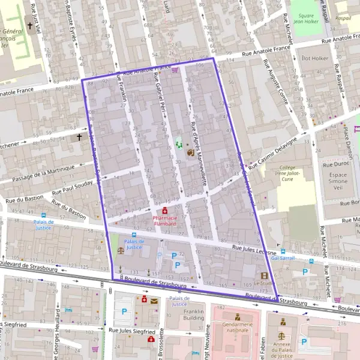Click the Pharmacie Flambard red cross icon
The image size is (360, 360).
(x=164, y=211)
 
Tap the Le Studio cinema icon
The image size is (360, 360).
(x=264, y=275)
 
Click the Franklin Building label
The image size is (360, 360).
(x=194, y=316)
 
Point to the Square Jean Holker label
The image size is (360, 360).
(x=305, y=18)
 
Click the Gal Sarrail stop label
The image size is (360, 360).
(x=283, y=258)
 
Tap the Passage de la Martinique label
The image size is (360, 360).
(x=46, y=173)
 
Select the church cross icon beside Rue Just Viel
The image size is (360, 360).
(x=30, y=26)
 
